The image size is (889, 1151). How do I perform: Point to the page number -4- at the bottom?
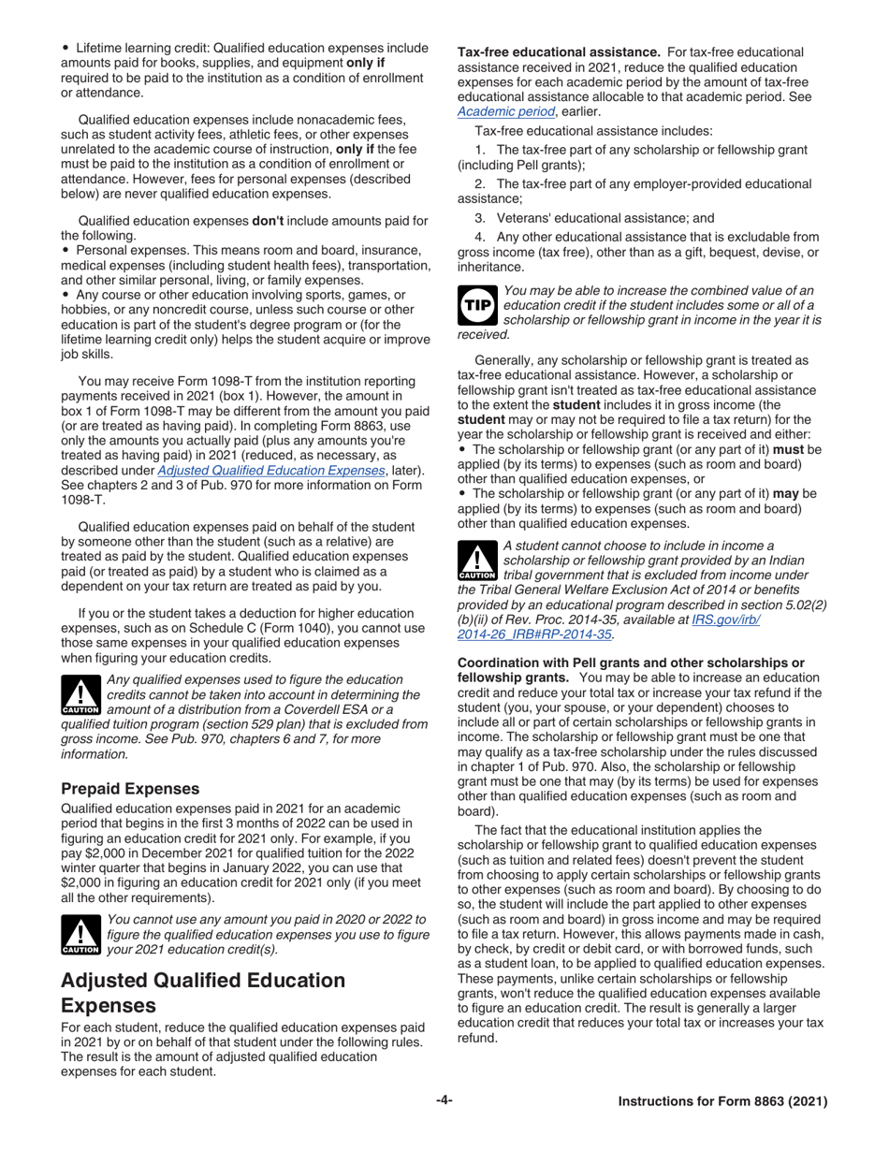point(444,1101)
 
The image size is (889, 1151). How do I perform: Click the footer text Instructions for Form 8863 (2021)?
point(722,1102)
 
